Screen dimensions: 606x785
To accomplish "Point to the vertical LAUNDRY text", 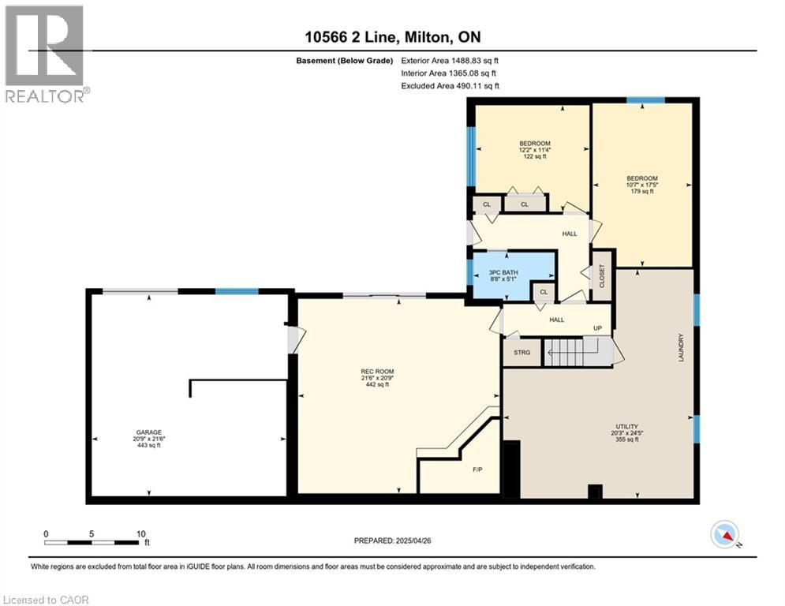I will pyautogui.click(x=679, y=347).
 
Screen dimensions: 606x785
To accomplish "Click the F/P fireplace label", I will pyautogui.click(x=477, y=469).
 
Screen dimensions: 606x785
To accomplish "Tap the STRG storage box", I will pyautogui.click(x=521, y=353).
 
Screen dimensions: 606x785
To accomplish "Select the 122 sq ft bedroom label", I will pyautogui.click(x=535, y=150).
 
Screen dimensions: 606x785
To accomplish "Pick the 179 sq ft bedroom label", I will pyautogui.click(x=641, y=185).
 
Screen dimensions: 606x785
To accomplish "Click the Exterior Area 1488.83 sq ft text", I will pyautogui.click(x=450, y=60).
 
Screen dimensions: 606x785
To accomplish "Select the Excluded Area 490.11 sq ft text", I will pyautogui.click(x=450, y=85).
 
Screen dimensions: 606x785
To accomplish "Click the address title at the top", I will pyautogui.click(x=392, y=37).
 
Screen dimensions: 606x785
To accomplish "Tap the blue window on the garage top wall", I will pyautogui.click(x=237, y=291).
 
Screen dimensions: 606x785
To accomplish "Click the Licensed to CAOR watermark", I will pyautogui.click(x=47, y=600).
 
